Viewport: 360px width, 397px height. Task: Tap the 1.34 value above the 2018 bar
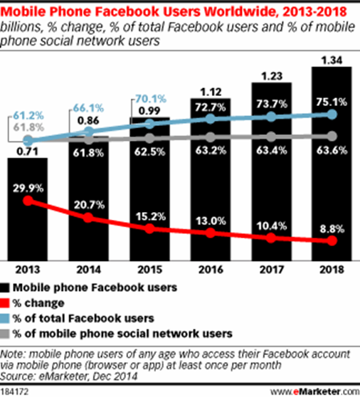(331, 58)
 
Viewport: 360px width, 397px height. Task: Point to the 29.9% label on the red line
(28, 186)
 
